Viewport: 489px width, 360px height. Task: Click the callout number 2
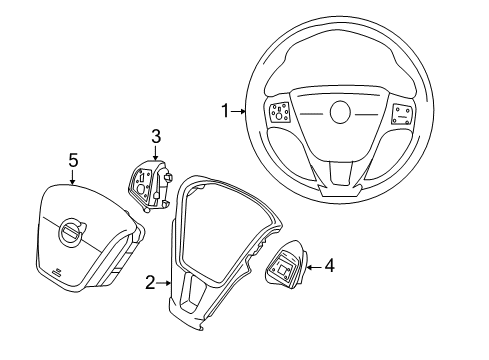(x=149, y=284)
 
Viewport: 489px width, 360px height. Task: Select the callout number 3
(x=156, y=135)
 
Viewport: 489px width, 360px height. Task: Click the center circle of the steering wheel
(x=340, y=113)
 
